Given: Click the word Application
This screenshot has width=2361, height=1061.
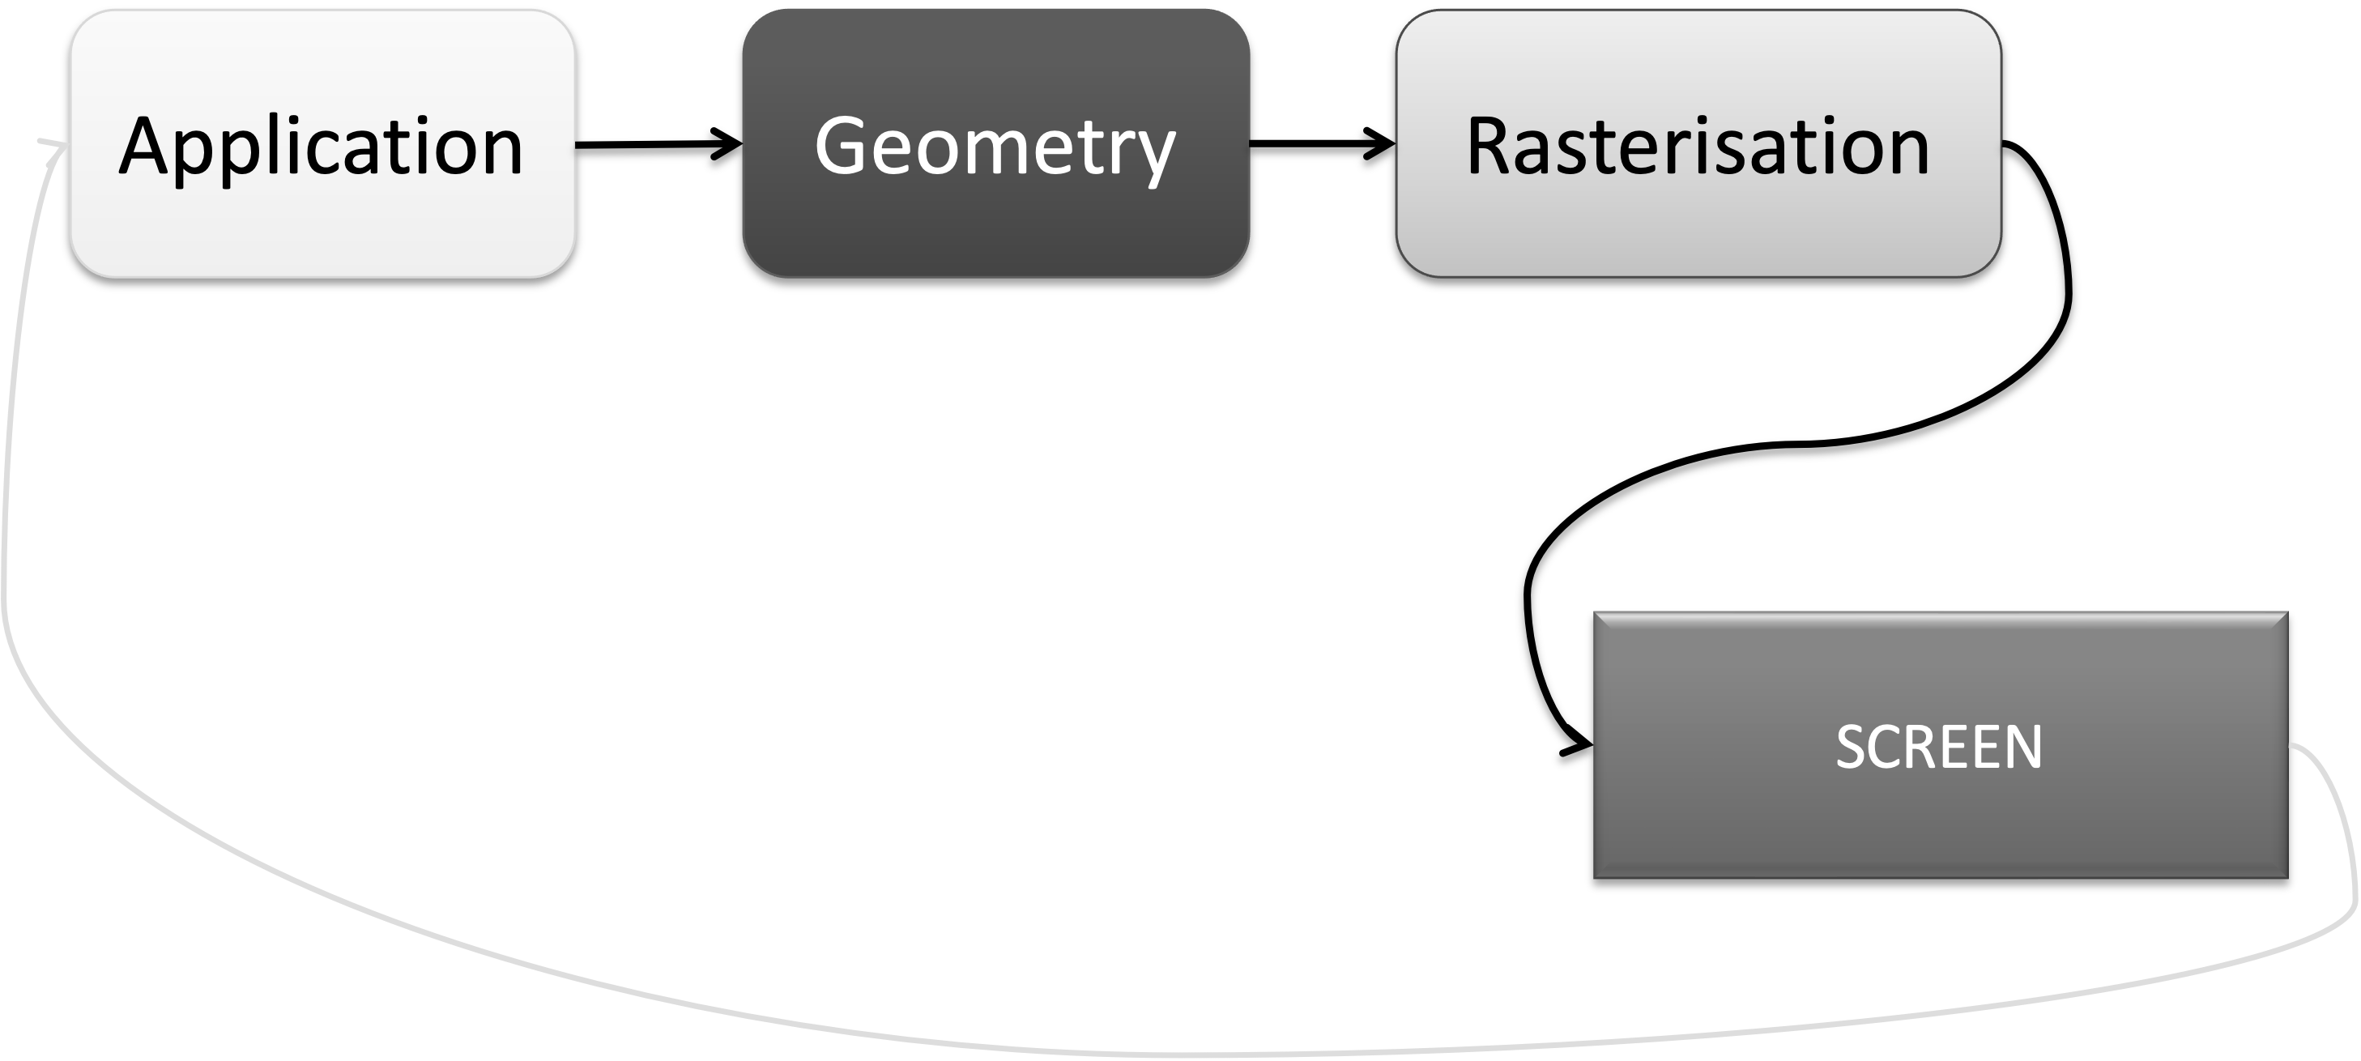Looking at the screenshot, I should pyautogui.click(x=321, y=147).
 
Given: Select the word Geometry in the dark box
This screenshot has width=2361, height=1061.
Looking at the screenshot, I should pyautogui.click(x=995, y=147).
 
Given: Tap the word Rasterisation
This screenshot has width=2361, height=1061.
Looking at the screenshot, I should pyautogui.click(x=1698, y=147).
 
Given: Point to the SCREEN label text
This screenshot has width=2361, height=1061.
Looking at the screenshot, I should pyautogui.click(x=1938, y=747).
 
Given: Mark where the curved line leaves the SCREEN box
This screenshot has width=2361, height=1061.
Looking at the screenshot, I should pyautogui.click(x=2291, y=746).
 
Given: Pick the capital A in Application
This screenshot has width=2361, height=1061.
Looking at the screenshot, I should pyautogui.click(x=146, y=147).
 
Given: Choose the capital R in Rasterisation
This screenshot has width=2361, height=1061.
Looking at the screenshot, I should pyautogui.click(x=1490, y=147).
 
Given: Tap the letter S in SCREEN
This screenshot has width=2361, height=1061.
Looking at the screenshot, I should pyautogui.click(x=1852, y=747).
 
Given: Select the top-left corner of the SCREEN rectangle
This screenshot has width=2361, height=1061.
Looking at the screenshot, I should pyautogui.click(x=1595, y=613).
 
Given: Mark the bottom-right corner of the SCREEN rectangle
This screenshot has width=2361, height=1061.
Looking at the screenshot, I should pyautogui.click(x=2286, y=877).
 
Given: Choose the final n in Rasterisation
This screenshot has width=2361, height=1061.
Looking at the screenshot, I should pyautogui.click(x=1906, y=151).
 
